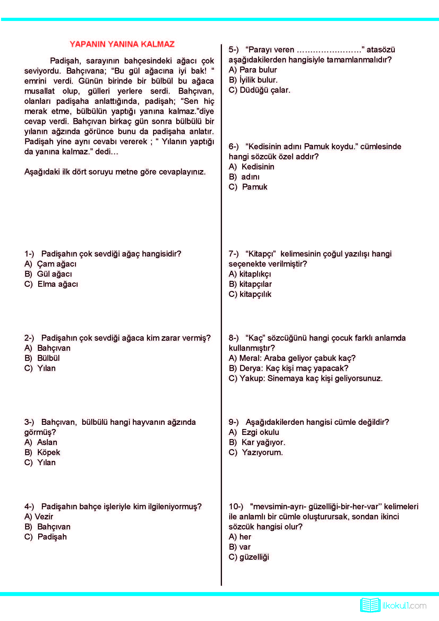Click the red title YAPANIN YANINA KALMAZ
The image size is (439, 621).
tap(122, 44)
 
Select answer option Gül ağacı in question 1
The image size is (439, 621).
tap(54, 274)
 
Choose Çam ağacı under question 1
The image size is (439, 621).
tap(57, 264)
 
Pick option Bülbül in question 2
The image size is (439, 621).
tap(48, 358)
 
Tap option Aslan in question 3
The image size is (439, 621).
tap(47, 442)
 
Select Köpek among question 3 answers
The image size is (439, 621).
tap(48, 452)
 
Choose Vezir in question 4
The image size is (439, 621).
tap(45, 517)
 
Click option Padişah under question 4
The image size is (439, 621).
tap(52, 537)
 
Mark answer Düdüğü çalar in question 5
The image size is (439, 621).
tap(265, 90)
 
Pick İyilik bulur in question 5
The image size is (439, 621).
tap(258, 80)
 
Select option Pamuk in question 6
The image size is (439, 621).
tap(254, 187)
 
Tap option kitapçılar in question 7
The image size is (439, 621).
tap(255, 284)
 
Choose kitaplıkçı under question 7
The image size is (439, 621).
tap(255, 274)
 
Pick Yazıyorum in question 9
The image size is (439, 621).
tap(262, 452)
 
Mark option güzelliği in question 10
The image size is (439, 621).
tap(254, 557)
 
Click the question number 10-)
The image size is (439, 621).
tap(236, 506)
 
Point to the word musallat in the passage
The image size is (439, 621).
tap(40, 91)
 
